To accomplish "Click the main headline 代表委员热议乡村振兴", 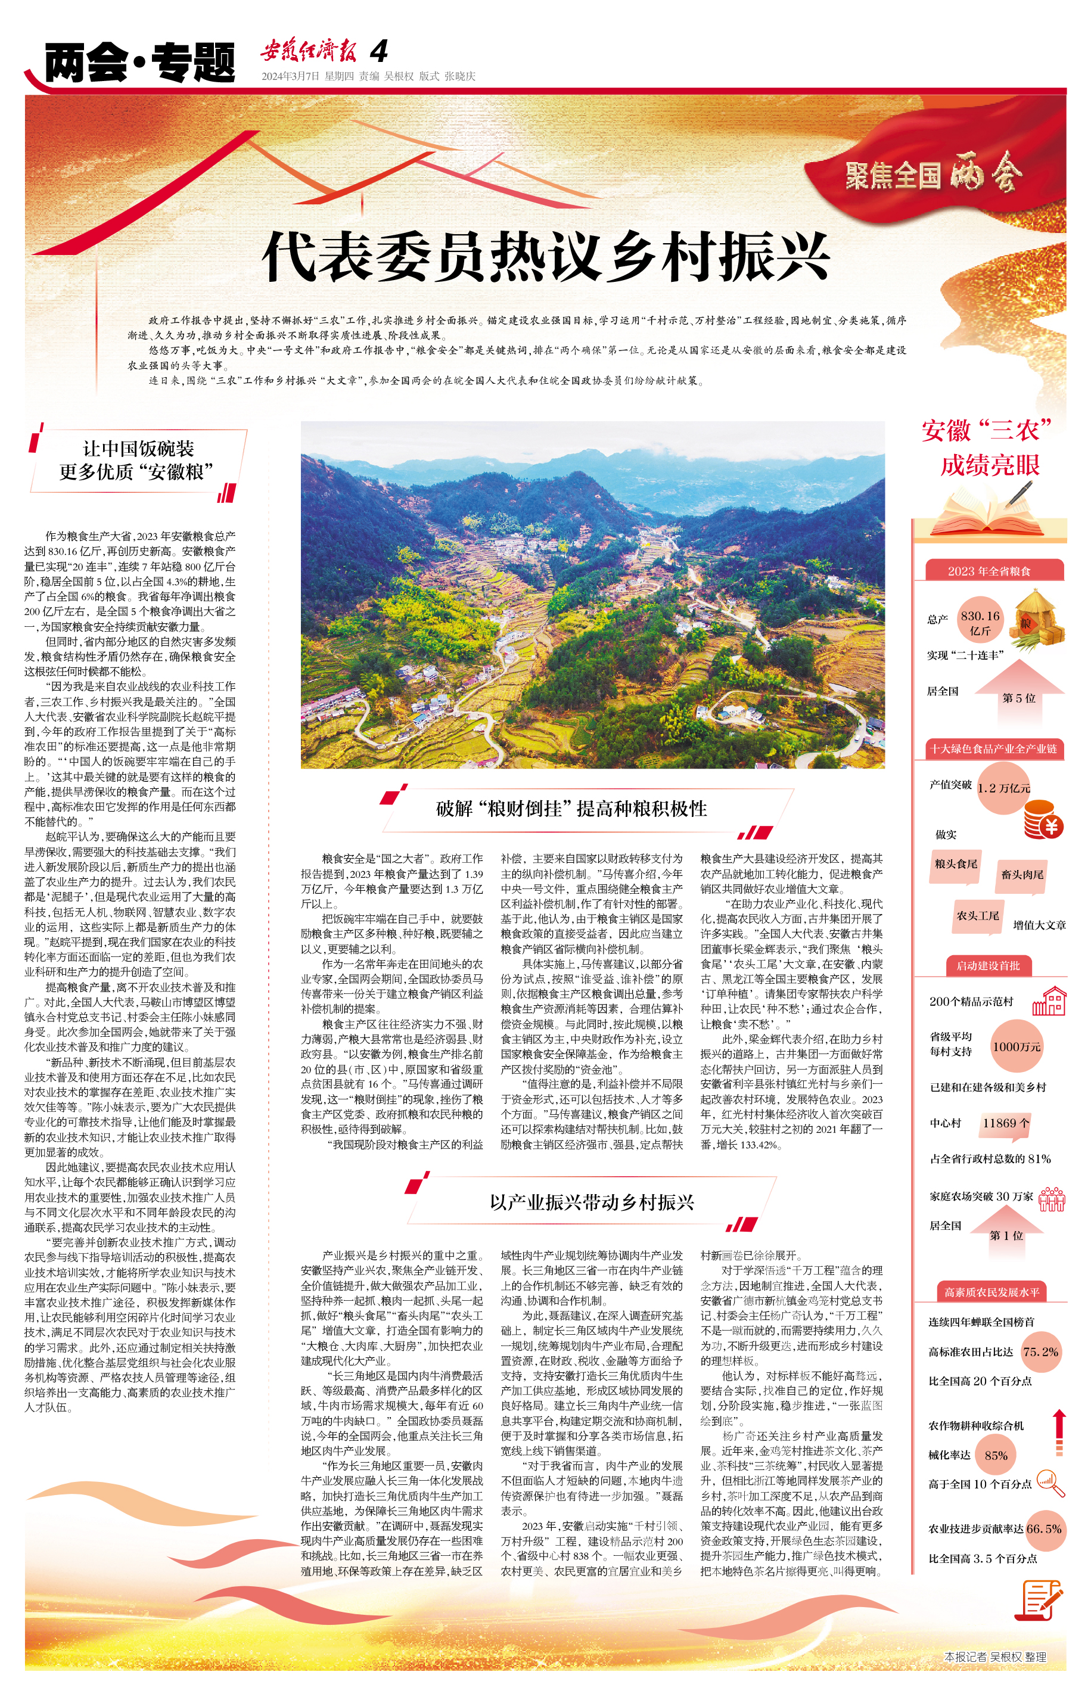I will [546, 256].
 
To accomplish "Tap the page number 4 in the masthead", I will [379, 51].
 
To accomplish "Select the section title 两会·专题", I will [139, 63].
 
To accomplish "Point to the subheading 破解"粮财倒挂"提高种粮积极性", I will [571, 809].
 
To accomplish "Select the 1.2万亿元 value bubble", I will [1003, 788].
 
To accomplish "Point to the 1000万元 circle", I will [1017, 1046].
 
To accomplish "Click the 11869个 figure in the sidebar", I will [1005, 1122].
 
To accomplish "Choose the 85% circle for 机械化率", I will [995, 1455].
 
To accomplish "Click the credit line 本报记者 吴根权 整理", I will [994, 1657].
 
